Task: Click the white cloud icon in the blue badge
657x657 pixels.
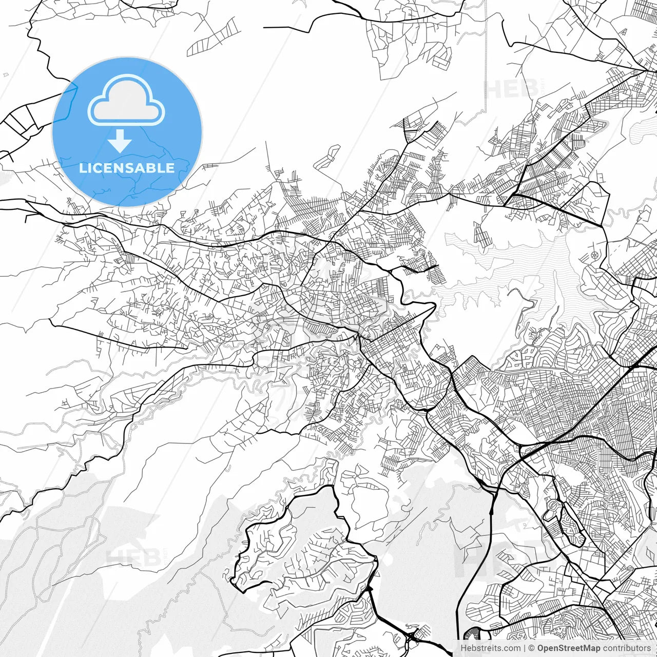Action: click(x=126, y=100)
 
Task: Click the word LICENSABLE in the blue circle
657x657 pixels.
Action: click(x=126, y=168)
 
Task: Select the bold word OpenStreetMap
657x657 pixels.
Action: click(x=568, y=648)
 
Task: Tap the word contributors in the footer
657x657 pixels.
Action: click(x=626, y=648)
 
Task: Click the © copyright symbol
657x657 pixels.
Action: click(x=531, y=648)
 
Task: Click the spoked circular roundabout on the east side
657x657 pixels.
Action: click(x=594, y=255)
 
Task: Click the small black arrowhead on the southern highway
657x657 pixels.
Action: click(x=491, y=511)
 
